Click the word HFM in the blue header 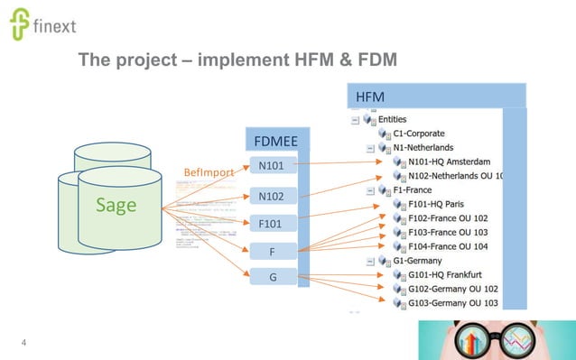click(367, 96)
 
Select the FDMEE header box click(277, 140)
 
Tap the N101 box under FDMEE click(272, 166)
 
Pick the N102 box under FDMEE click(272, 195)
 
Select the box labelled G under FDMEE click(272, 276)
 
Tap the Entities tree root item click(392, 118)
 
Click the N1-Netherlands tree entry click(423, 147)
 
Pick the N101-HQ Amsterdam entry click(451, 162)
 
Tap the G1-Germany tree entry click(417, 261)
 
